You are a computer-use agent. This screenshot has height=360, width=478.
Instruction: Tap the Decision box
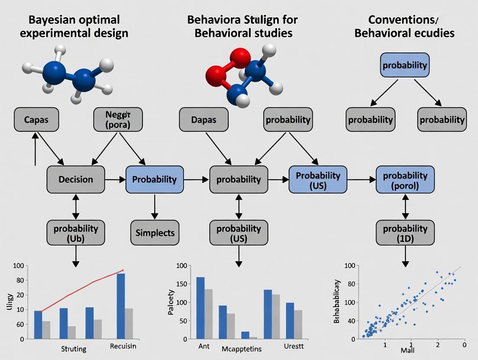[x=75, y=179]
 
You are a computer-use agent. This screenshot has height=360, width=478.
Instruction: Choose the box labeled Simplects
[x=155, y=233]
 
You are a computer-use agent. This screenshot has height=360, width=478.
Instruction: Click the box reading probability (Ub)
[x=76, y=233]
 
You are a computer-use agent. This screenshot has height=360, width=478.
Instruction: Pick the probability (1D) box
[x=405, y=233]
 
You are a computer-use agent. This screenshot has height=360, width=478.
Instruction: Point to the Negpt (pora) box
[x=118, y=119]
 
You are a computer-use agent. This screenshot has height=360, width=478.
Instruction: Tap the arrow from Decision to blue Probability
[x=115, y=179]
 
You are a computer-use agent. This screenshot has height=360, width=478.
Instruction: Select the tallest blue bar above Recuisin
[x=121, y=306]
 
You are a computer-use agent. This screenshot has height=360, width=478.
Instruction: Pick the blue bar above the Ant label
[x=200, y=308]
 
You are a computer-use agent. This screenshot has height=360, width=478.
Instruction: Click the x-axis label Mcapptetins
[x=241, y=349]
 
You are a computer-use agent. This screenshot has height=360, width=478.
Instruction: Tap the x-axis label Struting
[x=74, y=349]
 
